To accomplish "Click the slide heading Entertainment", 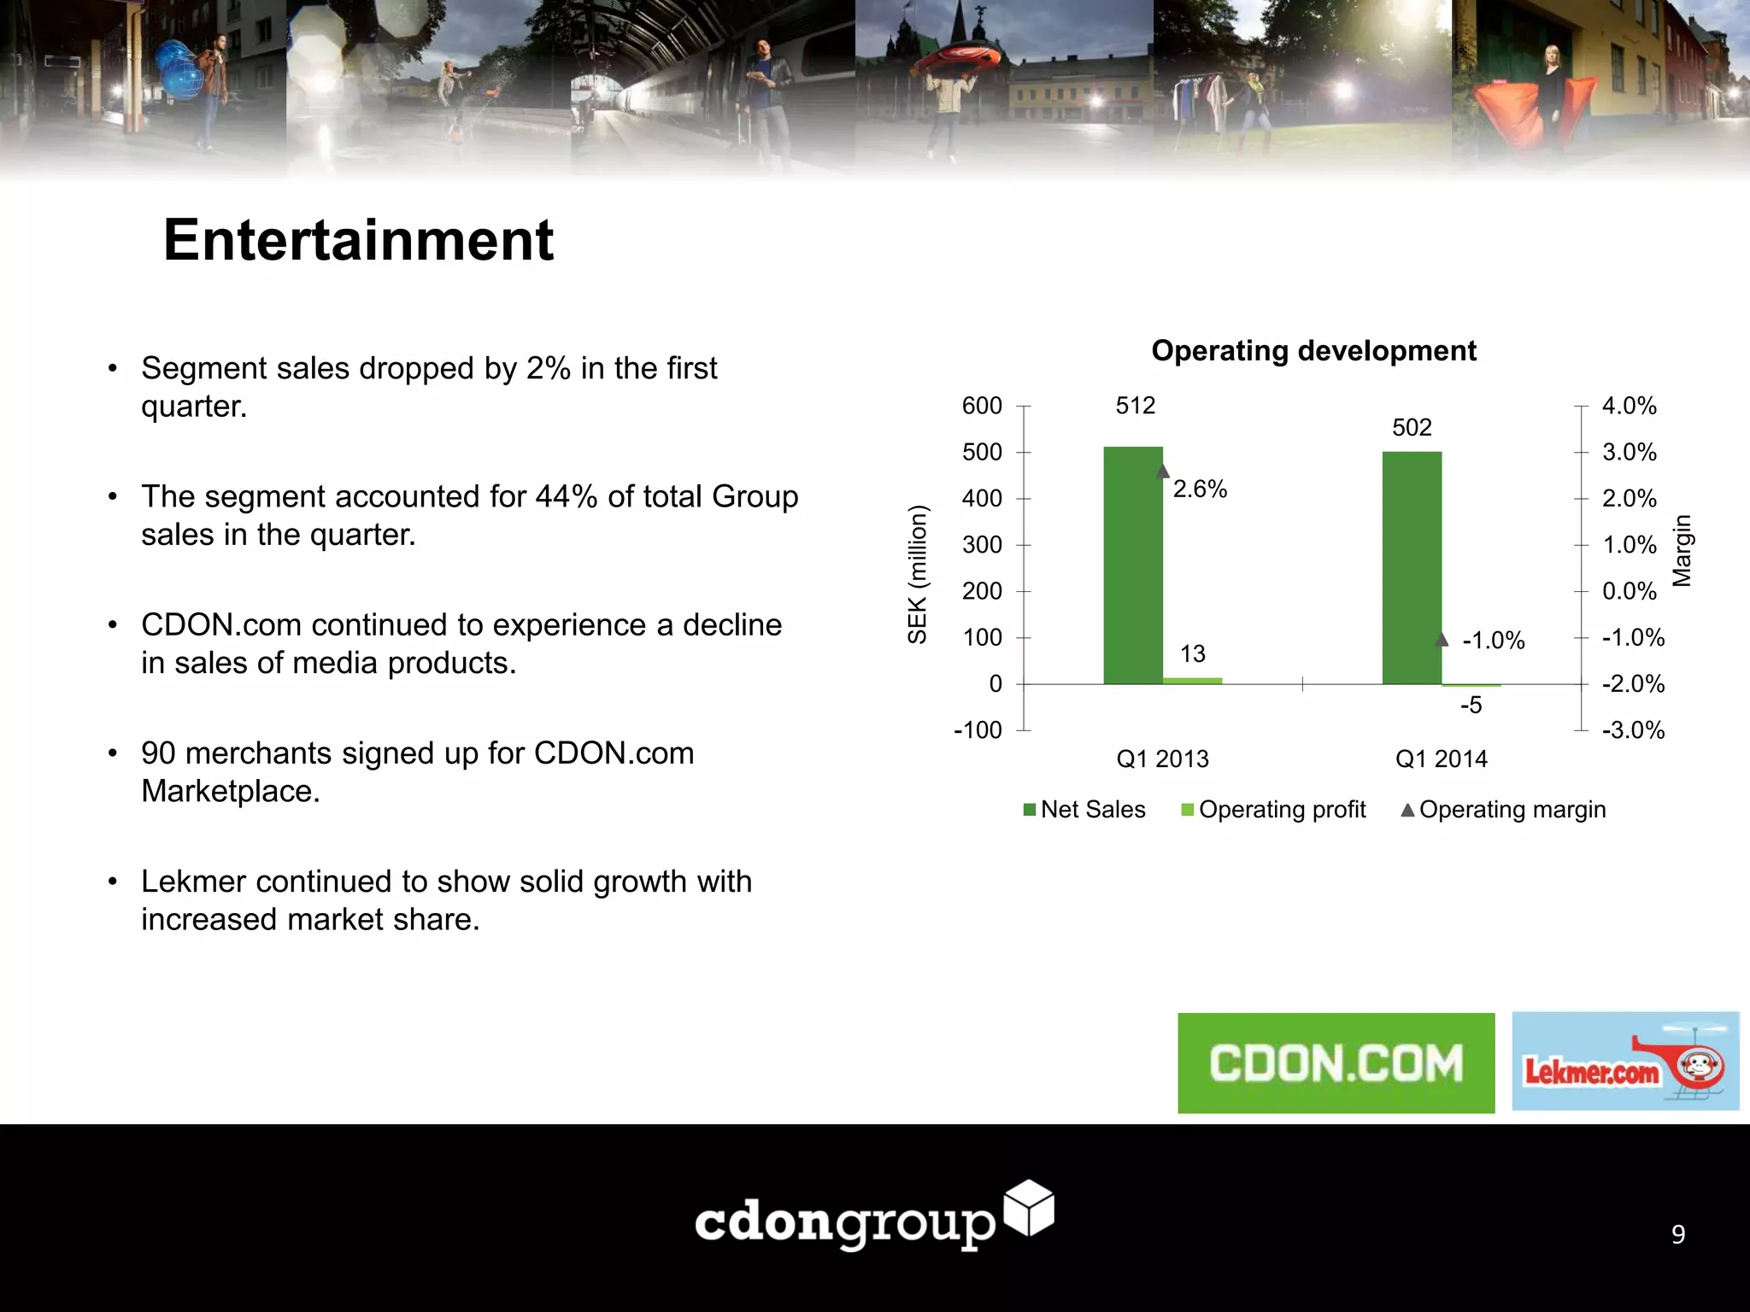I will click(x=358, y=240).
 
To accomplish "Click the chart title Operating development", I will click(x=1313, y=351).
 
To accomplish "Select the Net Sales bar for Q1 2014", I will click(x=1412, y=568).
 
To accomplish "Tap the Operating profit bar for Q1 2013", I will click(x=1192, y=681).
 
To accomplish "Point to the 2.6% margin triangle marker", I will click(x=1162, y=471).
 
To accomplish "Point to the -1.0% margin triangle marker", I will click(x=1442, y=640).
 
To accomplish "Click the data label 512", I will click(x=1135, y=406).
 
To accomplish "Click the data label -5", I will click(x=1471, y=706).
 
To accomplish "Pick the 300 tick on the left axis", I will click(x=982, y=545).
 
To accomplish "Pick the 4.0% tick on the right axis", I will click(x=1629, y=406).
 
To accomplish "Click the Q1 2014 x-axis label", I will click(x=1441, y=758).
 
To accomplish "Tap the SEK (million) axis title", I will click(x=917, y=574).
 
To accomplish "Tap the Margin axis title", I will click(x=1682, y=551).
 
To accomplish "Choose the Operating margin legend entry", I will click(x=1504, y=810).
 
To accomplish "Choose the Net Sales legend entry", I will click(x=1084, y=810).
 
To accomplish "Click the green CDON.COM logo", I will click(x=1336, y=1063).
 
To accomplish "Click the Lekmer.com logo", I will click(x=1624, y=1062).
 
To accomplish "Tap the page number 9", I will click(x=1678, y=1234).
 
